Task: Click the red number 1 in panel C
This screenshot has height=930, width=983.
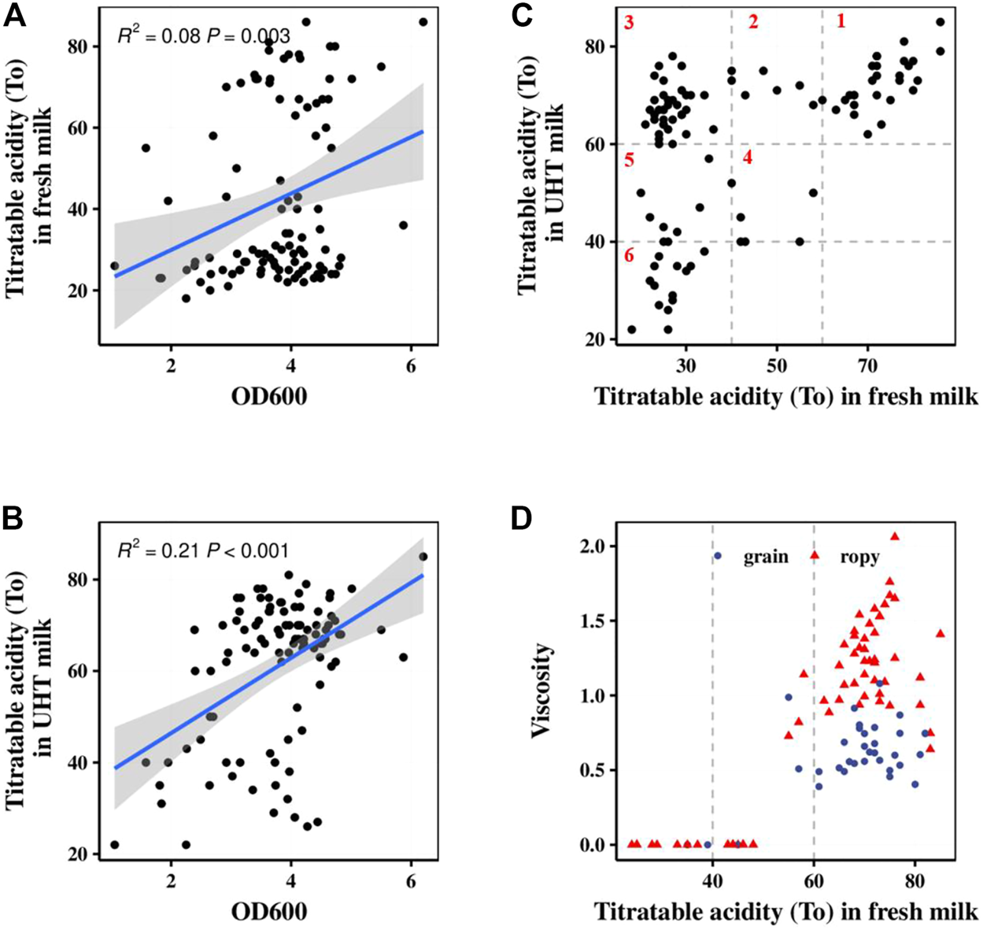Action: [841, 21]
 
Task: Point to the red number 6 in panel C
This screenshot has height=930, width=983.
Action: [628, 257]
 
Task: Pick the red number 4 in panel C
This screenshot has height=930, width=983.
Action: [747, 157]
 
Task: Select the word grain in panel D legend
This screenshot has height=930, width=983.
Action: [766, 557]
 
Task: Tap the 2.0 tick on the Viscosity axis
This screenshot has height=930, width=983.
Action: [586, 547]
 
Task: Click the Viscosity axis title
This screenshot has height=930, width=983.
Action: [541, 691]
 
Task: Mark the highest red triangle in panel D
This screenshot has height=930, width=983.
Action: [895, 536]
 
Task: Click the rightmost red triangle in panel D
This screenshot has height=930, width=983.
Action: [940, 633]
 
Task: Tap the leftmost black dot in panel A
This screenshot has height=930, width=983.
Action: [114, 266]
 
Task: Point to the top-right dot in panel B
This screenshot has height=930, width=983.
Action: [423, 557]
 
